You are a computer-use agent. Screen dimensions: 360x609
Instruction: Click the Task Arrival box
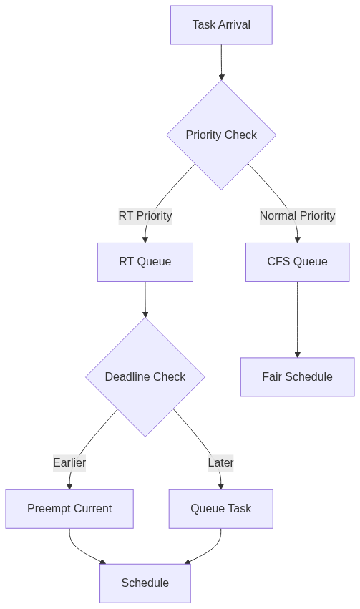click(x=221, y=25)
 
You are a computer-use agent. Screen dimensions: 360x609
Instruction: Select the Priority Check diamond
click(x=221, y=135)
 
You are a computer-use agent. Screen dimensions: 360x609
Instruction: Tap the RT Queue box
click(x=145, y=262)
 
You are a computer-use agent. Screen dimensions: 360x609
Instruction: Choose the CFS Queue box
click(x=298, y=262)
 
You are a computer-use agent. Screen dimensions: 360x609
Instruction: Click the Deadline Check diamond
click(x=145, y=376)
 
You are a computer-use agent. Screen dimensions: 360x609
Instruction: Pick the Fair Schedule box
click(x=298, y=376)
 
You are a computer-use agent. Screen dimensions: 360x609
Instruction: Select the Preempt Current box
click(x=69, y=509)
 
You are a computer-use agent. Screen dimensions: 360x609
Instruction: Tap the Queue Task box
click(x=221, y=509)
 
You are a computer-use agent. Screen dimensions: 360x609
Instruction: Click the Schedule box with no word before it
click(x=145, y=583)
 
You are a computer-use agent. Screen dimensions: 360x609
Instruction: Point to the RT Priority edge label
click(x=145, y=215)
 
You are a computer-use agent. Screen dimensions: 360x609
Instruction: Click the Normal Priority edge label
click(x=298, y=215)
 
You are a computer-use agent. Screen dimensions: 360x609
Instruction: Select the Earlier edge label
click(x=69, y=462)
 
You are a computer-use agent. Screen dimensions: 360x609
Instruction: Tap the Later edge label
click(x=221, y=462)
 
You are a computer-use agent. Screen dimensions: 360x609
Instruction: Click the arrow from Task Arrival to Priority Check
click(x=221, y=62)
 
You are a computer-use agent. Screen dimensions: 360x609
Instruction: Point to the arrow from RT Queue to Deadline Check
click(x=145, y=299)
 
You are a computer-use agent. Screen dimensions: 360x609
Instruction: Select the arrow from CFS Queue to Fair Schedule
click(x=298, y=319)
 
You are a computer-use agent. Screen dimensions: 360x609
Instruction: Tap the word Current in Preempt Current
click(x=92, y=509)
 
